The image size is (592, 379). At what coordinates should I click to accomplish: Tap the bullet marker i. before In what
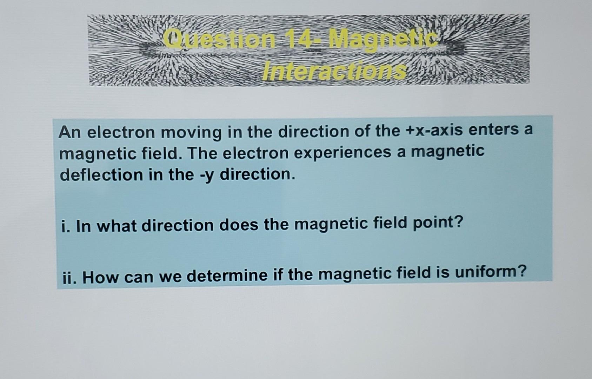(64, 226)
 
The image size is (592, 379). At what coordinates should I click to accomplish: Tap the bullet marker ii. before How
(70, 278)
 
